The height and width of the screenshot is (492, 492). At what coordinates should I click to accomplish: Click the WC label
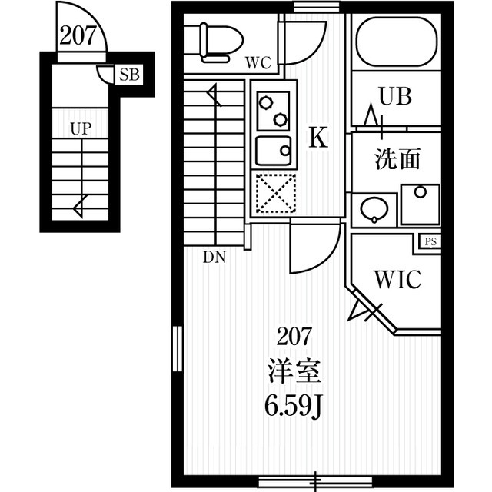(258, 63)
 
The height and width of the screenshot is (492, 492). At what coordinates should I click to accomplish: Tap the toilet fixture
(214, 42)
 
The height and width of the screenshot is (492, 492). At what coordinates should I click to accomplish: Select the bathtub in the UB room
(397, 42)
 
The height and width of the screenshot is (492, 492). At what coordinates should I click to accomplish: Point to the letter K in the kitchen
(318, 137)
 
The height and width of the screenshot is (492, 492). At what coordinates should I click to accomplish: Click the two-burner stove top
(273, 111)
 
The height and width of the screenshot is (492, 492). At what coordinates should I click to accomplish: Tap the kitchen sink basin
(273, 151)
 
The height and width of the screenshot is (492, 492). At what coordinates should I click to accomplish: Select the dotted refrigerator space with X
(276, 193)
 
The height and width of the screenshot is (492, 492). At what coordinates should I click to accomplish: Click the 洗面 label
(397, 159)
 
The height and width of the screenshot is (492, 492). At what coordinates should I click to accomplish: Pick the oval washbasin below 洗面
(374, 210)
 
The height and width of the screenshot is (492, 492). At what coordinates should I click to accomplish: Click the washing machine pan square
(421, 205)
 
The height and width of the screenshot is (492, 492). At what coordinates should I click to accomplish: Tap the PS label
(430, 241)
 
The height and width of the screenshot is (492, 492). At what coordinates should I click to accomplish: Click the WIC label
(398, 279)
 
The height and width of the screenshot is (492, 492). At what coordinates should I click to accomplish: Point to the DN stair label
(214, 258)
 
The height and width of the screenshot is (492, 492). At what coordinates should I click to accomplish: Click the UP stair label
(81, 128)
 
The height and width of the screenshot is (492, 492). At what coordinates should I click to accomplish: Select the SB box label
(129, 75)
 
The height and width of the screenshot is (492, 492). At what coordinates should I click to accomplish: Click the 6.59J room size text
(294, 407)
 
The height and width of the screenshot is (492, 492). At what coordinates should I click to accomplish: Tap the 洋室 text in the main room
(294, 371)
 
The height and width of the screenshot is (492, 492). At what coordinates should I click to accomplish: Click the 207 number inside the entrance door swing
(78, 35)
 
